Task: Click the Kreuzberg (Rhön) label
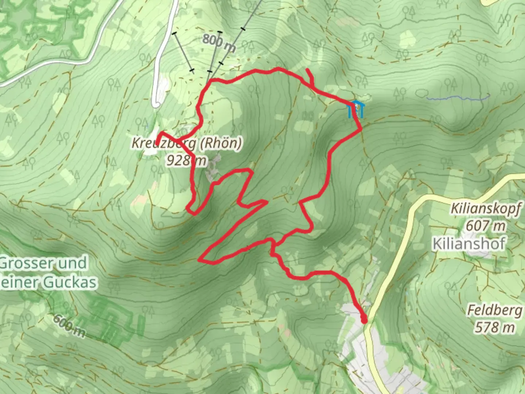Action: tap(186, 143)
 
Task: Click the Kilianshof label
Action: tap(469, 243)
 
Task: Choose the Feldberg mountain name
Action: tap(494, 310)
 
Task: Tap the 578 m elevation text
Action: tap(494, 327)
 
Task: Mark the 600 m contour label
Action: tap(69, 326)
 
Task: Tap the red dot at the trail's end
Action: tap(364, 320)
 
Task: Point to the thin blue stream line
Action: tap(458, 98)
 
